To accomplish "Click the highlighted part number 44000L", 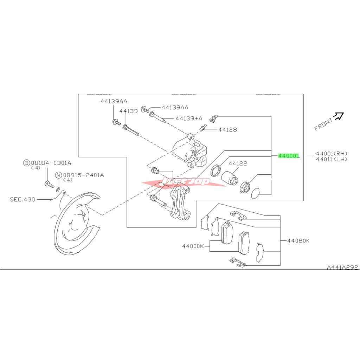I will click(289, 155).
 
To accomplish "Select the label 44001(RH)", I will click(332, 153).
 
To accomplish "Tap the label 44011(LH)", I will click(332, 159).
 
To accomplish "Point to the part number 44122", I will click(238, 163).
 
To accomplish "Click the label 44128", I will click(227, 129).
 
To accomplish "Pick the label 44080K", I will click(298, 241).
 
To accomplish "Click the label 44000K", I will click(193, 246).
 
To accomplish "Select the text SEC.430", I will click(22, 199).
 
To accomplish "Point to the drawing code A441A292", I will click(342, 268).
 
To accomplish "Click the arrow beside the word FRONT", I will click(339, 116).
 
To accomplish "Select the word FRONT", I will click(323, 124).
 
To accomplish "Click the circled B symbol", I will click(26, 163).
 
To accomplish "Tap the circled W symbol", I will click(59, 175).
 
